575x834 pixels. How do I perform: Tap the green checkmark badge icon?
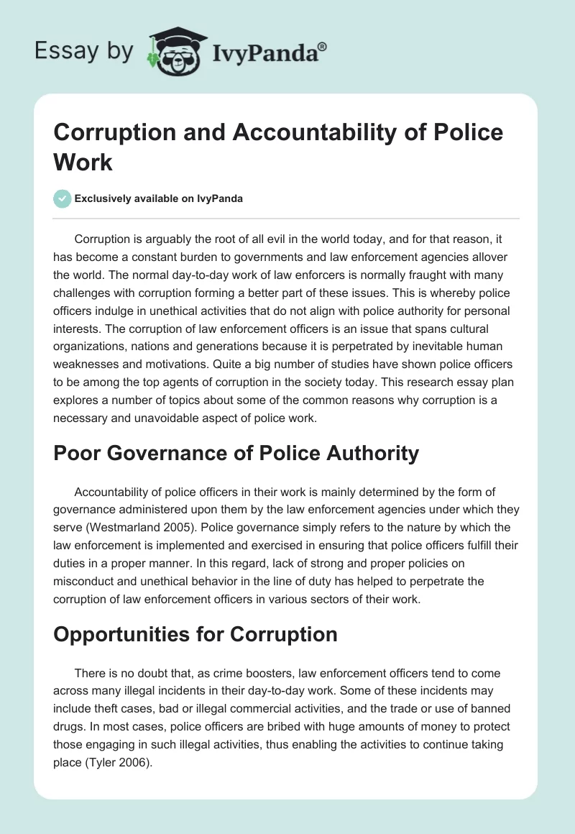[x=63, y=198]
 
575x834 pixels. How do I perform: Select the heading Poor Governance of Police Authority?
[x=236, y=453]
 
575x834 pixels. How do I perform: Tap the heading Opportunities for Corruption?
[x=195, y=634]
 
